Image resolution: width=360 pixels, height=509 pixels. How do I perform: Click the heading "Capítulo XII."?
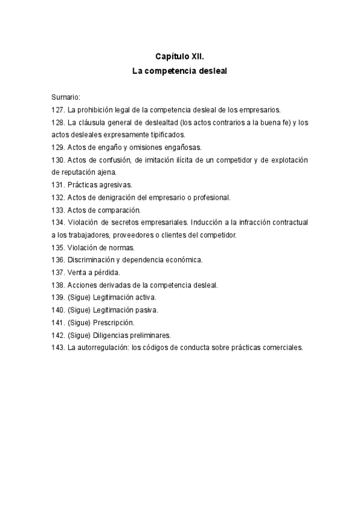(x=180, y=56)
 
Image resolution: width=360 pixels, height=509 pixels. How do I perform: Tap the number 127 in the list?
(x=58, y=109)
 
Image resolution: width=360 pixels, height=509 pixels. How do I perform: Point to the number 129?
(x=58, y=147)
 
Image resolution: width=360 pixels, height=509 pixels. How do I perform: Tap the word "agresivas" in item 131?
(x=114, y=185)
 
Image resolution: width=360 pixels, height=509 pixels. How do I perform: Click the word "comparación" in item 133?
(x=119, y=209)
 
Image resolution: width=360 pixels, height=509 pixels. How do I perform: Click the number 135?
(x=58, y=247)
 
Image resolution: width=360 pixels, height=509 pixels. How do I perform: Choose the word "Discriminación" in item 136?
(x=95, y=260)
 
